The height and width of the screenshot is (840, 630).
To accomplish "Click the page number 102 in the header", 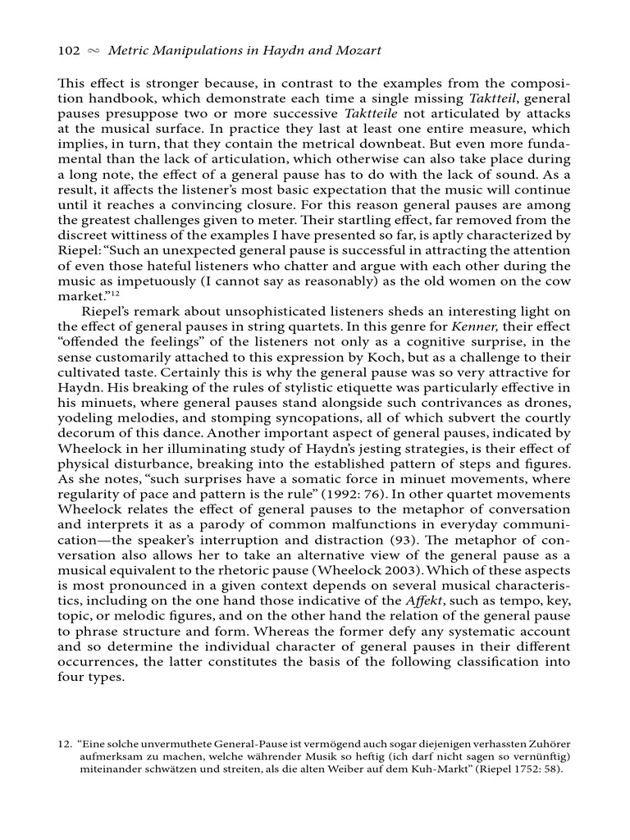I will tap(68, 51).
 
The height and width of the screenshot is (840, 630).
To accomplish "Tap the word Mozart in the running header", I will tap(358, 51).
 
